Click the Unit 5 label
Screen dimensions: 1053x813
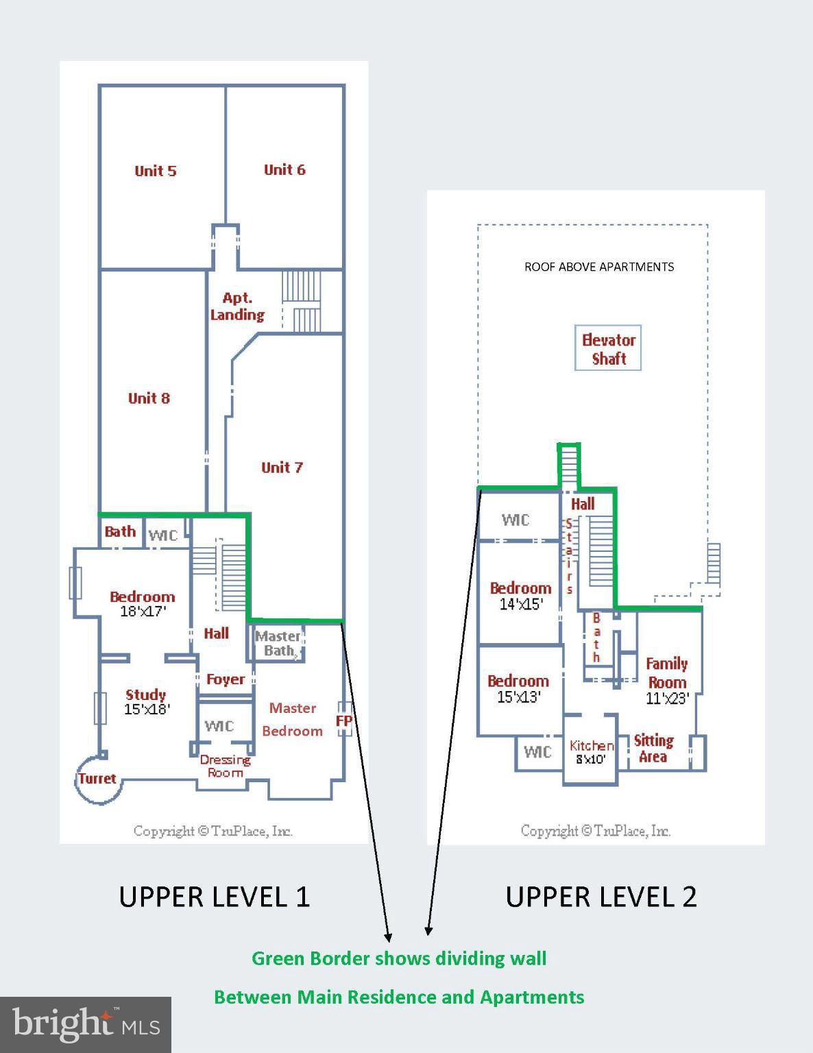[156, 171]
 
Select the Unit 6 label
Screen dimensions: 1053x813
[284, 169]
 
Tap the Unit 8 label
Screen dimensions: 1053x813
[149, 398]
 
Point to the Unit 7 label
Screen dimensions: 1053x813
[282, 468]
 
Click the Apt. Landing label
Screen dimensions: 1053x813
[237, 306]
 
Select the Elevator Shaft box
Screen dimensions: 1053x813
[608, 349]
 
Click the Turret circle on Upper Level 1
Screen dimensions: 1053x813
[97, 779]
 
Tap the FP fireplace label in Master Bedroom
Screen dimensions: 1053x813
[344, 721]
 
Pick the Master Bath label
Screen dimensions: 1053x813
[278, 644]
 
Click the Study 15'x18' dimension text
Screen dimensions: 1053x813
[147, 710]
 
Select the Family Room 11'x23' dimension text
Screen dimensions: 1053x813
[667, 699]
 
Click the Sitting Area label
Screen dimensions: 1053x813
[653, 749]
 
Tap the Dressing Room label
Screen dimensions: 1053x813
[225, 766]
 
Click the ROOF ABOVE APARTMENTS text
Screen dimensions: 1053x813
[599, 267]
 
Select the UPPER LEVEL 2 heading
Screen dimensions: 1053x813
[601, 897]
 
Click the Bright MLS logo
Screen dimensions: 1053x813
[86, 1025]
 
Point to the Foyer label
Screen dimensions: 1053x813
[226, 679]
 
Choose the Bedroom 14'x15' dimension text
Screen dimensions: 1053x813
[521, 604]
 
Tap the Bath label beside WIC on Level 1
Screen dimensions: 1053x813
[120, 531]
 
